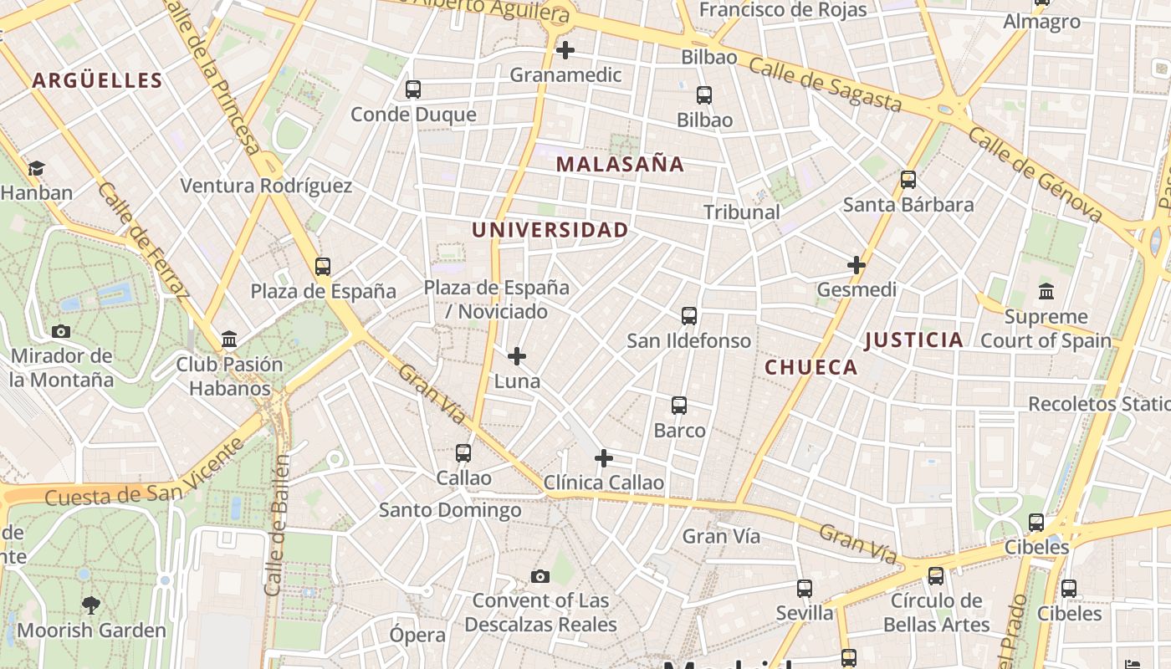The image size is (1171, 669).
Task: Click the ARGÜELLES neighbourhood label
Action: (97, 80)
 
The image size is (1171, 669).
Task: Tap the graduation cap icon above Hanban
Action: (36, 169)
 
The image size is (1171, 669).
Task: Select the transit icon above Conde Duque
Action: (413, 89)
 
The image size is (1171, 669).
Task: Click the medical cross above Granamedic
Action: (565, 50)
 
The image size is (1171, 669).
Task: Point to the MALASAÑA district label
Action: (620, 164)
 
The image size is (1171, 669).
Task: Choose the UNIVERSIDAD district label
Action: (550, 230)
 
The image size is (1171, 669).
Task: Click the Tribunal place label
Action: (741, 212)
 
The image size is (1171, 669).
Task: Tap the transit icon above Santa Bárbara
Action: (908, 180)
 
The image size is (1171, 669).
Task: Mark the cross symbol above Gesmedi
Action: (857, 265)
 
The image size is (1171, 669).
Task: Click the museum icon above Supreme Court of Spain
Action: (1046, 292)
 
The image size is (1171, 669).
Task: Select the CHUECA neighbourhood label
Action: (811, 367)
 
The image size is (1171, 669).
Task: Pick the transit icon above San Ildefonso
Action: (689, 316)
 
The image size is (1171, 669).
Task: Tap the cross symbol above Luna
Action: (517, 356)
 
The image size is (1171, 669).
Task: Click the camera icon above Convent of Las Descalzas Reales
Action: (540, 576)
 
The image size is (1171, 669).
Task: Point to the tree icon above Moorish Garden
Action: (91, 605)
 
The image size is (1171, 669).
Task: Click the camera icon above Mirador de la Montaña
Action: (61, 331)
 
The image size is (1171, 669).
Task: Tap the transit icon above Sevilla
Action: (805, 589)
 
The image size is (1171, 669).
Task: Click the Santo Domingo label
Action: (450, 509)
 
